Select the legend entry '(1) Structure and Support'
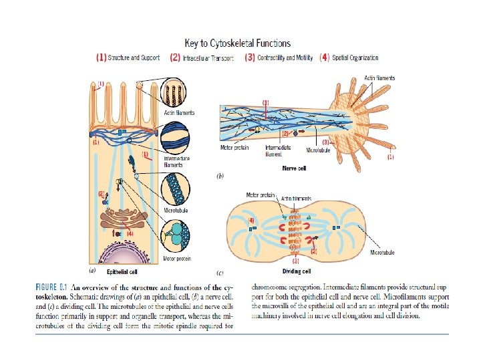coord(128,58)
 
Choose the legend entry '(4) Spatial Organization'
coord(349,58)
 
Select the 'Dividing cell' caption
coord(297,272)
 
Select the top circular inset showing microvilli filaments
coord(177,94)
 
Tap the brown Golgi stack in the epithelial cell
coord(126,221)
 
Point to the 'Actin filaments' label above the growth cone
coord(379,78)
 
